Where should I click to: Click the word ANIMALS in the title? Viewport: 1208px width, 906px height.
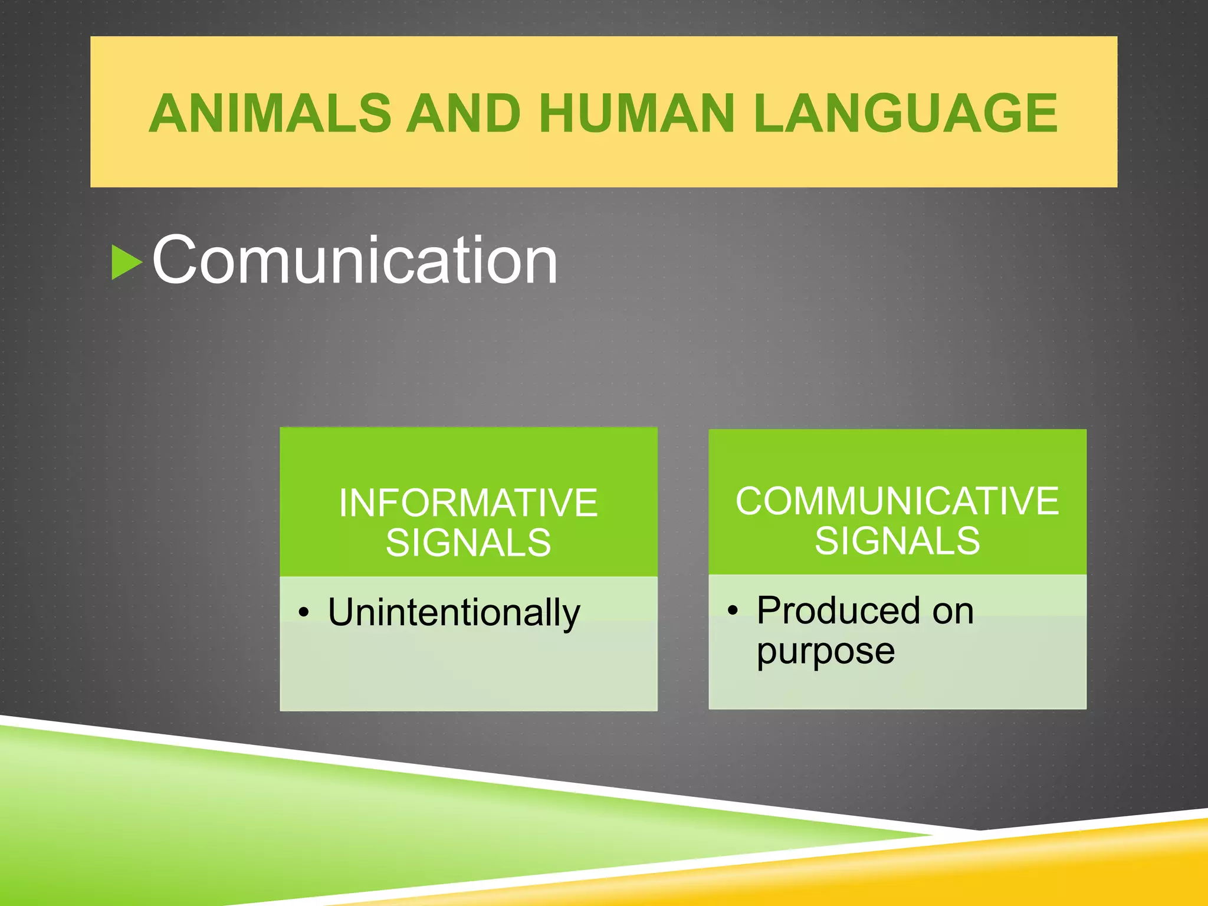click(270, 113)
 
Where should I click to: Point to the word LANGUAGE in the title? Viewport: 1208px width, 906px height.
click(905, 113)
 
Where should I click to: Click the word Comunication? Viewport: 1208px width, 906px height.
click(354, 260)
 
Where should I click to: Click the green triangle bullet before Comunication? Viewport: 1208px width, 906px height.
click(126, 262)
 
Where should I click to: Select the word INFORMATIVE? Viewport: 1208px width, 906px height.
click(468, 503)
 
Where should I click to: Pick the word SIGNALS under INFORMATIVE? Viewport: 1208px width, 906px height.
click(468, 543)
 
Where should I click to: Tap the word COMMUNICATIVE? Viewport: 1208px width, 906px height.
click(897, 501)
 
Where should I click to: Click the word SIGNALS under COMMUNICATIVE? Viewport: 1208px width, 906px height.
click(897, 541)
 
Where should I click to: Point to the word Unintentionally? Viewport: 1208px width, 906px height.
click(454, 612)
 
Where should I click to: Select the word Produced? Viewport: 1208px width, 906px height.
click(838, 610)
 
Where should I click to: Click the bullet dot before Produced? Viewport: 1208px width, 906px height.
click(732, 610)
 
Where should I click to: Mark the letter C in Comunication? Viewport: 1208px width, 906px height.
click(176, 260)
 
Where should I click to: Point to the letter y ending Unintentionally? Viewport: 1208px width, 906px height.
click(570, 616)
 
